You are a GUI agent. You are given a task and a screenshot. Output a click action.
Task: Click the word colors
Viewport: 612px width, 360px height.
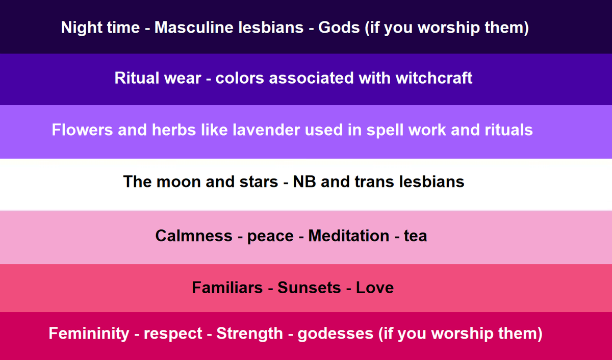pos(240,78)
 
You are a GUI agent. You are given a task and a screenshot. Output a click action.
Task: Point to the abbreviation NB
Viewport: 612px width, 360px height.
pos(305,182)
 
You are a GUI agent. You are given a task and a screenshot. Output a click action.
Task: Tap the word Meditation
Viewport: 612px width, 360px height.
pos(349,236)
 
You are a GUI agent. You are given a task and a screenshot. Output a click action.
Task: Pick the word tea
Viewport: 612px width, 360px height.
pos(415,236)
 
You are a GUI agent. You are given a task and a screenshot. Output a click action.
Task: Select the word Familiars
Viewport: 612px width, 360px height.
pos(227,288)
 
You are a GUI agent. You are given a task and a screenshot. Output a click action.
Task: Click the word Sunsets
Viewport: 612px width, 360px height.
pos(310,288)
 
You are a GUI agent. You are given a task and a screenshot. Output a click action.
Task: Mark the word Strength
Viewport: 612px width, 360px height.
pos(249,333)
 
